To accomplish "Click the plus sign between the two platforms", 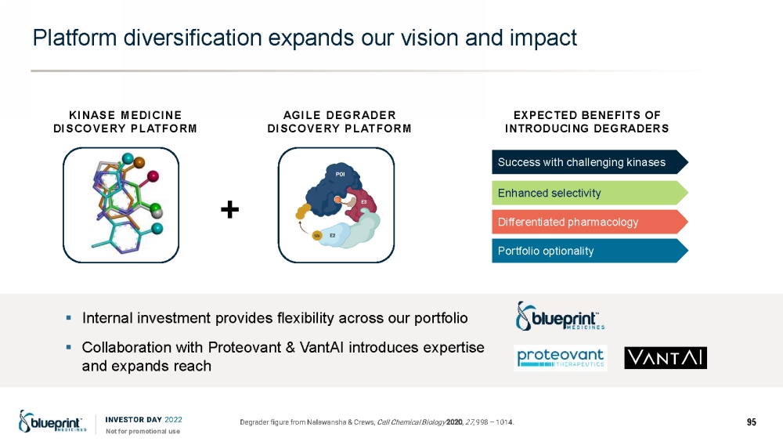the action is (229, 209).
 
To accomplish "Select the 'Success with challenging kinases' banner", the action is (590, 162).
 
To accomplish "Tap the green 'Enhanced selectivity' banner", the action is (590, 193).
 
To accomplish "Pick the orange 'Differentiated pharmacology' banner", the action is (590, 222).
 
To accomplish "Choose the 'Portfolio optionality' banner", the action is (590, 251).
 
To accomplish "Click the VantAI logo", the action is (665, 357).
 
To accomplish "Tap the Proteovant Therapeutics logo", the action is (561, 358).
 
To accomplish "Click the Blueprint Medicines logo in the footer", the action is (52, 421).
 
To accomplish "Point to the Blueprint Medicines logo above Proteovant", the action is (560, 317).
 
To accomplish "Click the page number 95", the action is (751, 422).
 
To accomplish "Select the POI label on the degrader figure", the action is (340, 174).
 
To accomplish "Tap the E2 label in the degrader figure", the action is (332, 235).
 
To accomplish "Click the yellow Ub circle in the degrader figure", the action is (316, 235).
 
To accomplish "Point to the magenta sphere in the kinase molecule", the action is (153, 175).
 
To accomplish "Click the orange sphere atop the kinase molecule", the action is (139, 162).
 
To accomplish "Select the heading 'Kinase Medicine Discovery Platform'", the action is (124, 122).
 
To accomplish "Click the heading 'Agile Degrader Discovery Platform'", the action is (339, 122).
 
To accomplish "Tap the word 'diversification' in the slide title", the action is (193, 38).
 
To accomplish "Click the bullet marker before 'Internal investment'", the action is (69, 317).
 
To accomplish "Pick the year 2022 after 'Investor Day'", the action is (173, 419).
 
